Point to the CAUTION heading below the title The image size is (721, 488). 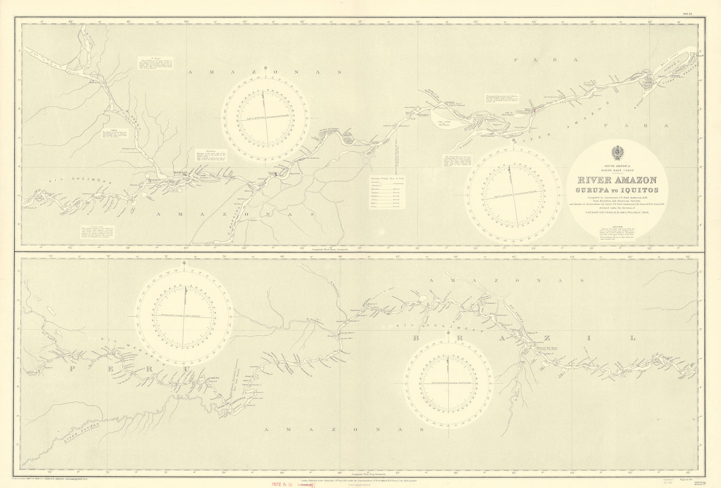(x=616, y=226)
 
